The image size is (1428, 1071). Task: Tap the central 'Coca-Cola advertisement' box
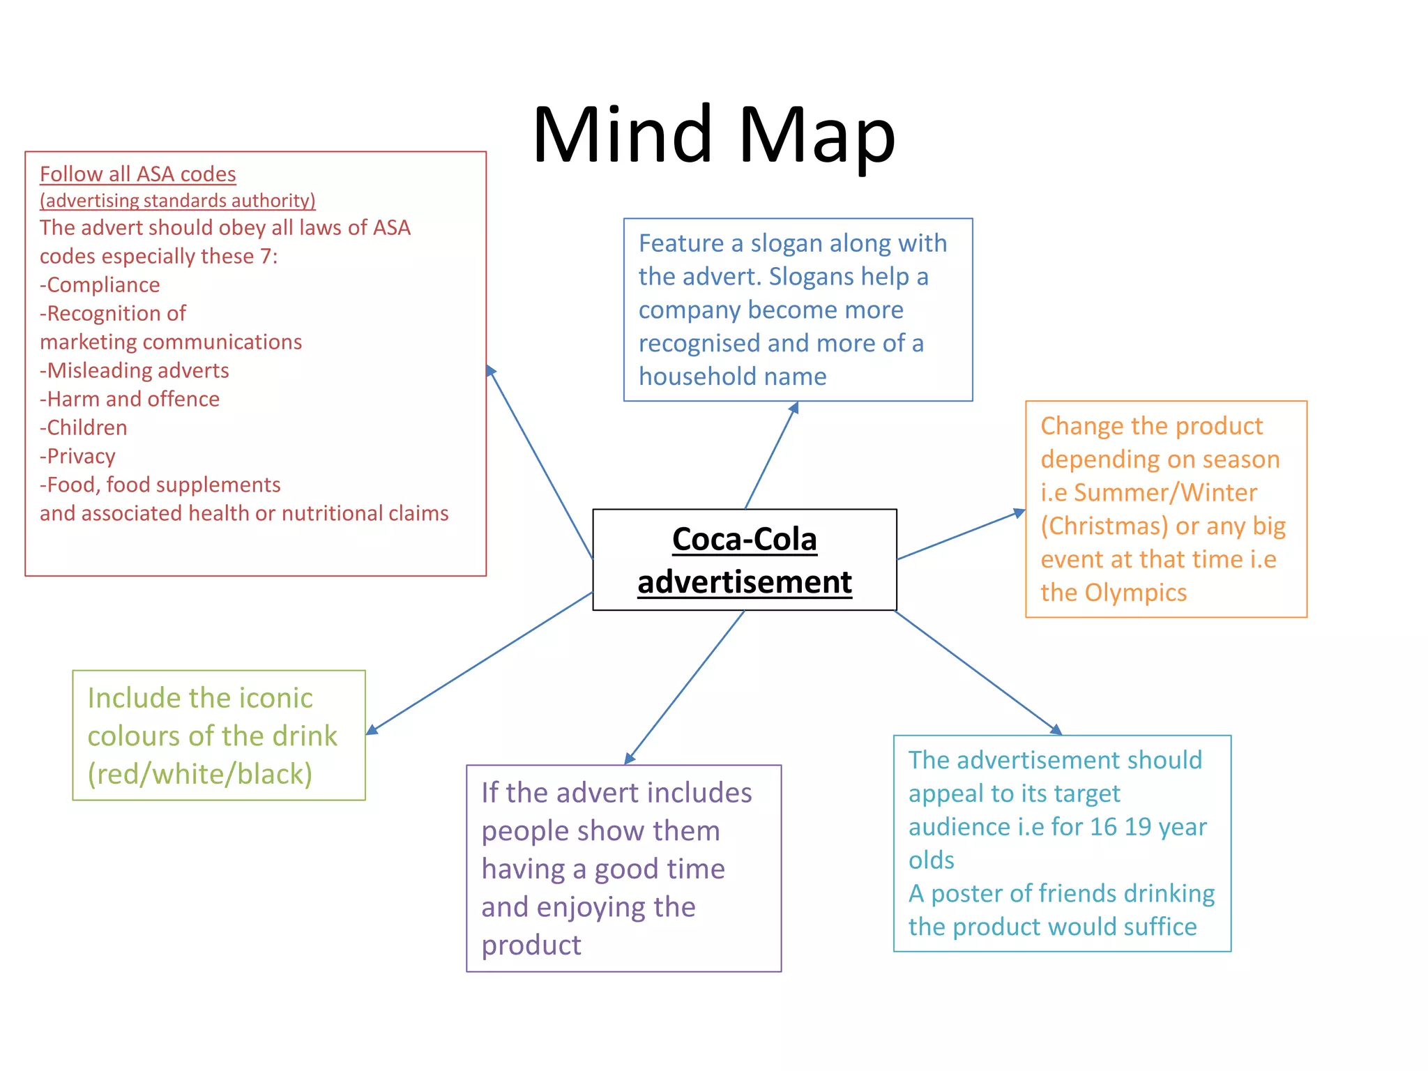click(x=744, y=560)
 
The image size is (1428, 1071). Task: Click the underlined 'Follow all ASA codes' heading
click(x=137, y=174)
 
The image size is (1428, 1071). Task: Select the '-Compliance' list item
click(x=100, y=284)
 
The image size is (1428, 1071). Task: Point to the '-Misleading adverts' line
click(x=135, y=370)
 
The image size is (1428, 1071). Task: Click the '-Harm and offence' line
click(x=130, y=399)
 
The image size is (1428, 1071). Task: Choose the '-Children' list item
click(x=84, y=427)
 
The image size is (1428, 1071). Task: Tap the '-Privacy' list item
click(x=77, y=456)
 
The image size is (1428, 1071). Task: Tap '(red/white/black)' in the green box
click(x=200, y=774)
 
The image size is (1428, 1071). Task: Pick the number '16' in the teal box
click(x=1103, y=827)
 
